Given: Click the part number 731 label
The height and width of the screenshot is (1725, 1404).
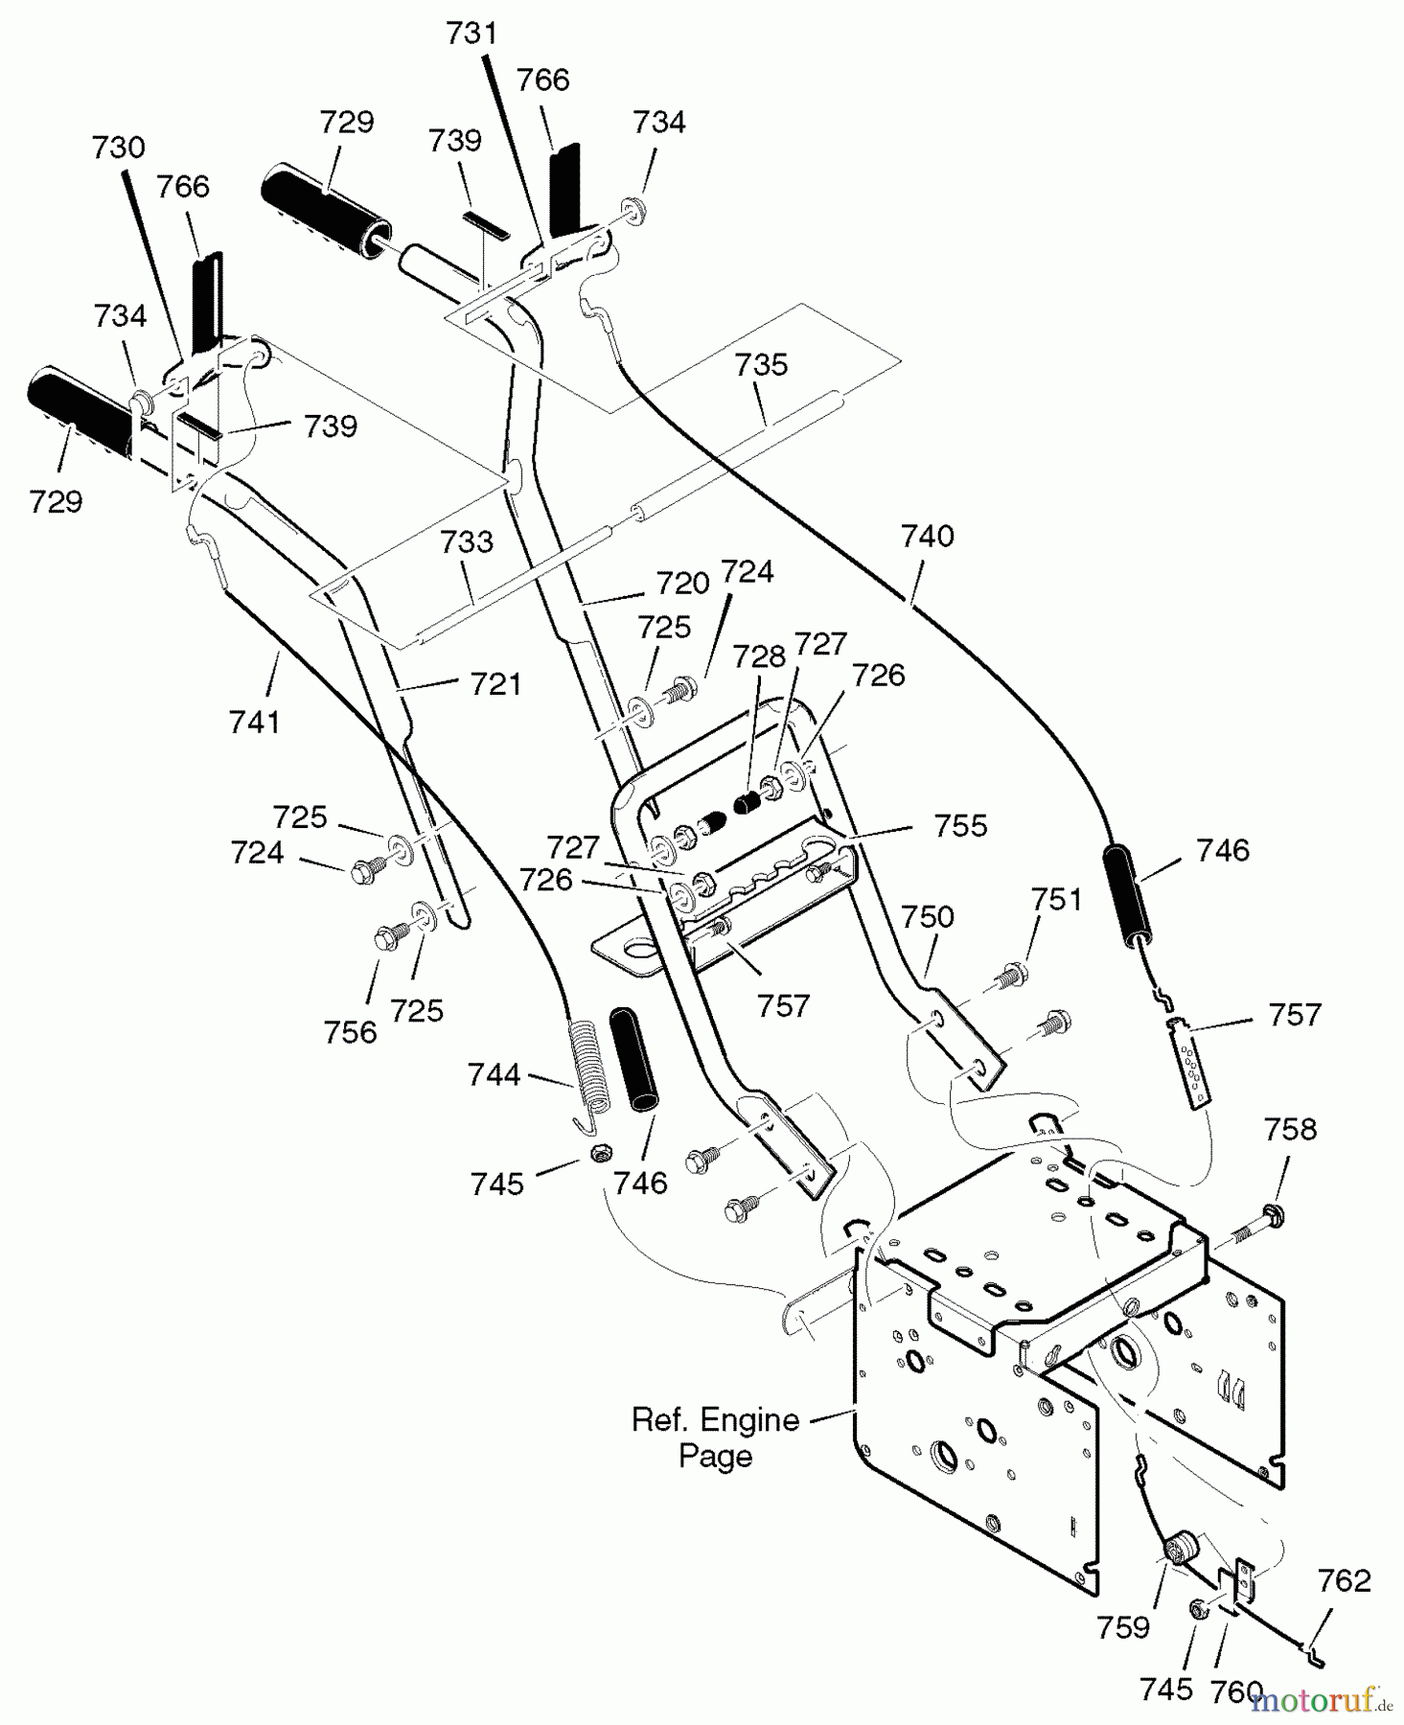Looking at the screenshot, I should (x=472, y=34).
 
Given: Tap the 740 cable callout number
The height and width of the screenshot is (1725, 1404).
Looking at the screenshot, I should (x=928, y=536).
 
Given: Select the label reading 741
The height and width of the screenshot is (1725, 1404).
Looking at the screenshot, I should (x=255, y=721).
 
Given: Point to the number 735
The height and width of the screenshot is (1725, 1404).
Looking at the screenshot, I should (x=762, y=365).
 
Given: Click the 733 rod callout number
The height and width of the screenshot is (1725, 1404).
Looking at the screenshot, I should (x=467, y=542).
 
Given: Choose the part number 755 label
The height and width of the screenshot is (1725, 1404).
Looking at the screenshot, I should (x=960, y=826).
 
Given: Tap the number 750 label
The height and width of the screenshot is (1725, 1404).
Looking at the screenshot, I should (x=928, y=917).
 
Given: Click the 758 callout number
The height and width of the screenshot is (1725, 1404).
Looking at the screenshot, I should (x=1290, y=1130).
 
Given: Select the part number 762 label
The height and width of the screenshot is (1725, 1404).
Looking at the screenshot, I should (x=1344, y=1580).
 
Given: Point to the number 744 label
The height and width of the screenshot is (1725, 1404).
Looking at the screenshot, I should (x=495, y=1075).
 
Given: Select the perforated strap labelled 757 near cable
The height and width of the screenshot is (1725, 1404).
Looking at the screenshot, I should (x=1188, y=1064).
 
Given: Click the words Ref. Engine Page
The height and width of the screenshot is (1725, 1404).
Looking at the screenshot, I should (x=715, y=1437).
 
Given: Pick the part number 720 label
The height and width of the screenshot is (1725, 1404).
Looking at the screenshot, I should (x=682, y=583).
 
